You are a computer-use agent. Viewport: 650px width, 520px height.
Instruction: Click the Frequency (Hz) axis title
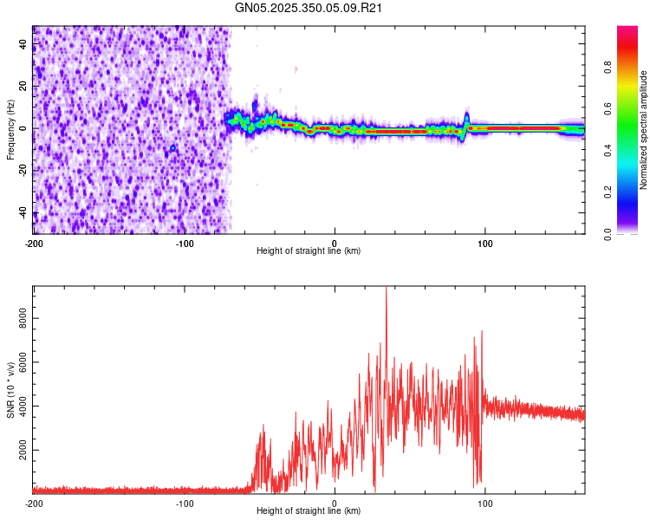10,130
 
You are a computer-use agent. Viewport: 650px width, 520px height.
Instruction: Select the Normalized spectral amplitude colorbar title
644,130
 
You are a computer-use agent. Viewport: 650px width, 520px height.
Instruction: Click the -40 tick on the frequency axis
23,213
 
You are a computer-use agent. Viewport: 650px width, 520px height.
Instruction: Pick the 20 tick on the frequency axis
24,86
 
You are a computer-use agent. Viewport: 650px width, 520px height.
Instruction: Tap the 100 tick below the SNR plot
485,504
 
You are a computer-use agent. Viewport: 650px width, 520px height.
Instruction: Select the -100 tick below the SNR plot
185,504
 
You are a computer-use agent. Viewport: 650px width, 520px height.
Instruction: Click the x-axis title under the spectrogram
309,251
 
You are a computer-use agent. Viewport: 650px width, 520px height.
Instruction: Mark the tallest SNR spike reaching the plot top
386,291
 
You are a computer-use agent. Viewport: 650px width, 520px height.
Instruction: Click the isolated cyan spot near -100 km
173,148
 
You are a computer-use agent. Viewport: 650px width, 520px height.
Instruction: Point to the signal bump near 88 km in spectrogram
466,119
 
